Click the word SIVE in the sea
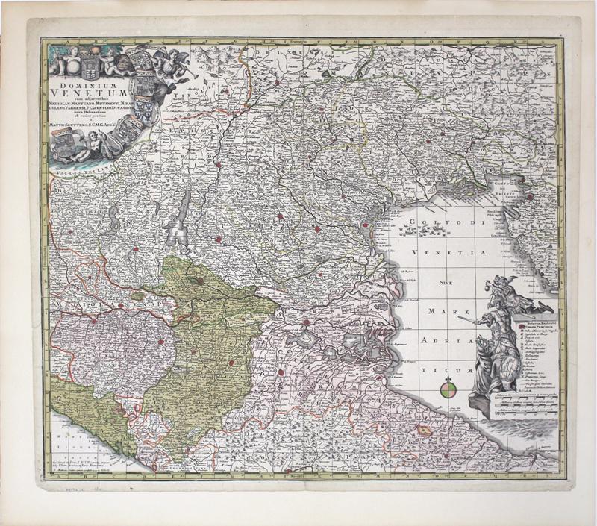click(446, 284)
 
